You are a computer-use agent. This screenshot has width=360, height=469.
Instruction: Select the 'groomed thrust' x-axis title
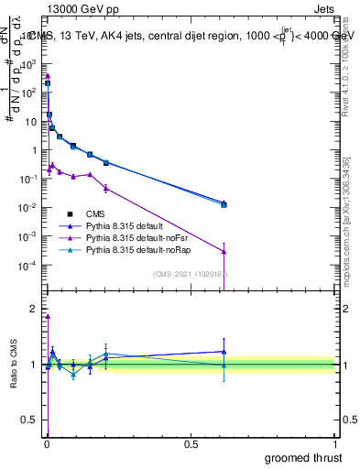(x=305, y=455)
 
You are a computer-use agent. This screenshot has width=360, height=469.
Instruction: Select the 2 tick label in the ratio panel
(x=34, y=309)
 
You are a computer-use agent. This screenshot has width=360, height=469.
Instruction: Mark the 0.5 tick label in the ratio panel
(x=29, y=420)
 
